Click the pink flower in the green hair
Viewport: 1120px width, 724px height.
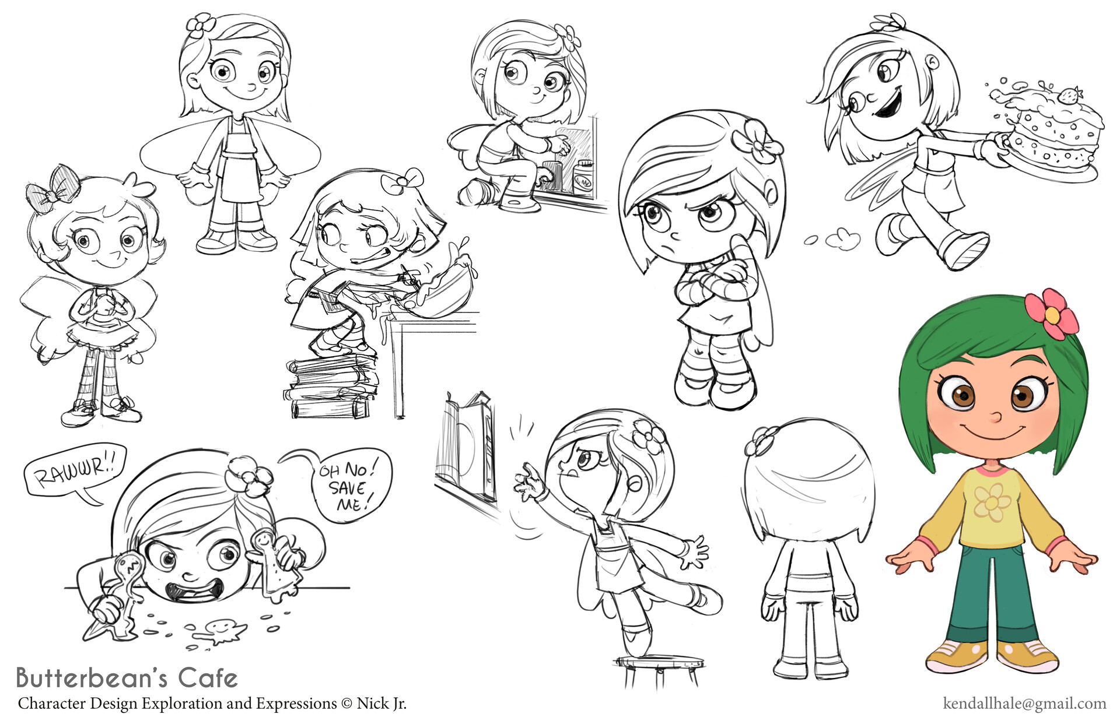pos(1052,315)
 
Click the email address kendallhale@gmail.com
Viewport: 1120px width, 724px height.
pos(1024,704)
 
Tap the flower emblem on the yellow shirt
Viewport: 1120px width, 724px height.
pos(990,502)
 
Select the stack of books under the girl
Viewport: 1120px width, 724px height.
pos(330,388)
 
